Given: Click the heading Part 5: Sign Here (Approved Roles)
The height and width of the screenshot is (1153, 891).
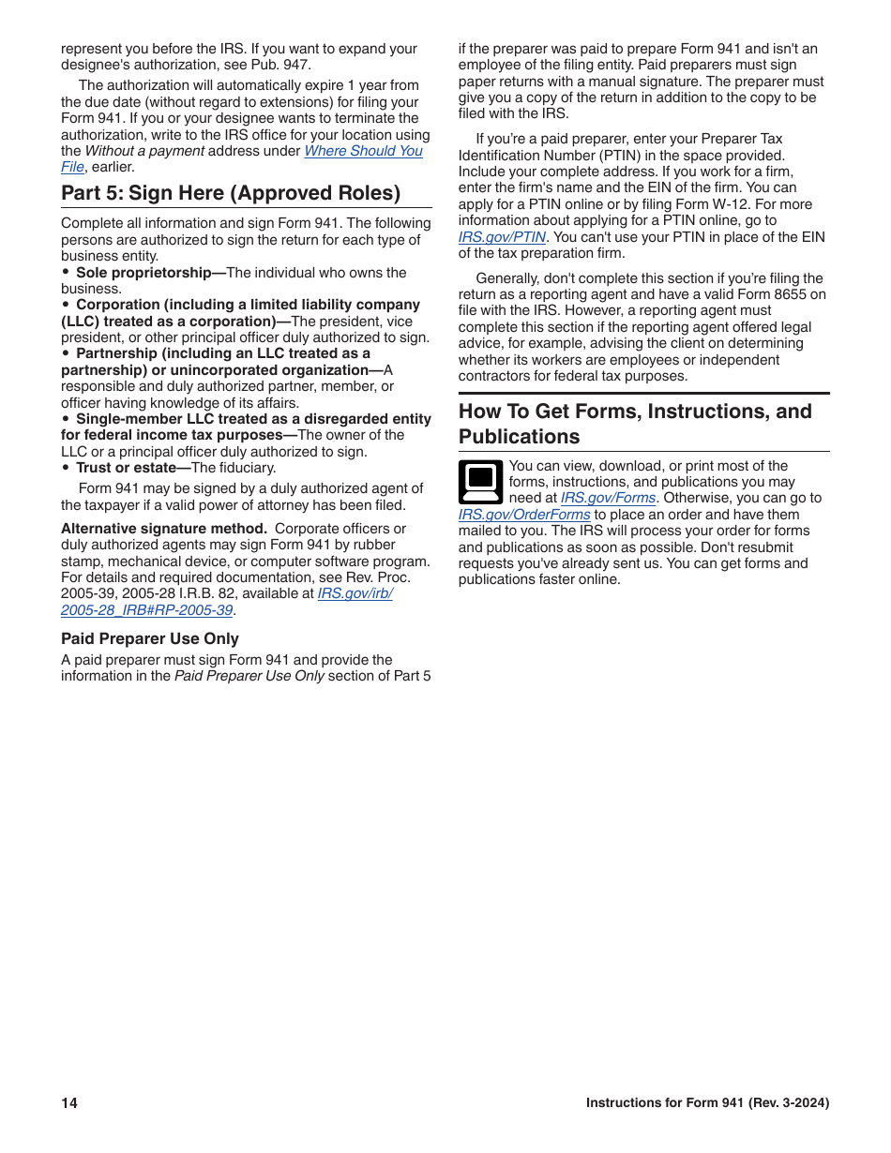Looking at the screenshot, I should tap(231, 193).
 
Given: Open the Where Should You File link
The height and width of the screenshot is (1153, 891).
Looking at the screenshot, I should tap(363, 151).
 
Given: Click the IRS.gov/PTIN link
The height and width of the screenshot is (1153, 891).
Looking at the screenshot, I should tap(502, 237).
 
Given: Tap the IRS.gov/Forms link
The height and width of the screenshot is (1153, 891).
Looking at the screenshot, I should tap(608, 499).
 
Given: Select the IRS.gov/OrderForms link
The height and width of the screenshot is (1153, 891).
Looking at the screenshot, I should tap(524, 515).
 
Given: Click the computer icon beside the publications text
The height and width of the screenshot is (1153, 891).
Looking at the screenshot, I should tap(481, 482).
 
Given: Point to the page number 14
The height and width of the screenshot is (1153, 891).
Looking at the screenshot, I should tap(69, 1103).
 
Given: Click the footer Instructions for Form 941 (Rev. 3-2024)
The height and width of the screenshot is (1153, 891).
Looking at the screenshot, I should tap(707, 1103).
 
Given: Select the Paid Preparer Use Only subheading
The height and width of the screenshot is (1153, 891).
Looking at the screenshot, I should tap(150, 638).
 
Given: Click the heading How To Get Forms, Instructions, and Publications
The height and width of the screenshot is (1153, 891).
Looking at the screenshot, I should tap(635, 424).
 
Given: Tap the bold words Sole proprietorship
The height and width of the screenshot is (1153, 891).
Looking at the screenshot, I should tap(150, 273).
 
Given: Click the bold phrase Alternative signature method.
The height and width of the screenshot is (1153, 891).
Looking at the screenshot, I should tap(164, 529).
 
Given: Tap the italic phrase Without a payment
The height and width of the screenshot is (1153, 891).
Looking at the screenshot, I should tap(144, 151).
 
